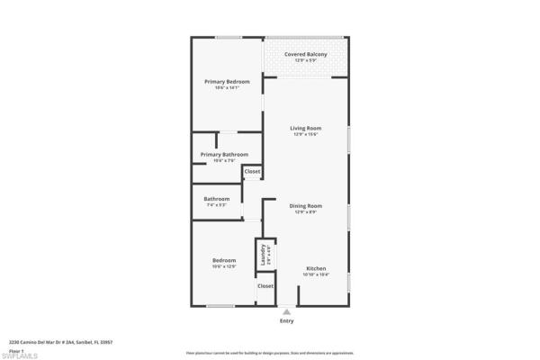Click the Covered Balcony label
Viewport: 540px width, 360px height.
tap(305, 54)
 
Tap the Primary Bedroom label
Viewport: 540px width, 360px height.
tap(227, 81)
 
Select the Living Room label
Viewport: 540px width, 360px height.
tap(305, 128)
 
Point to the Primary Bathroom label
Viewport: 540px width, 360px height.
tap(224, 154)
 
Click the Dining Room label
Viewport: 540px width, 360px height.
tap(305, 205)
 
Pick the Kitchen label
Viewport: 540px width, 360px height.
tap(315, 269)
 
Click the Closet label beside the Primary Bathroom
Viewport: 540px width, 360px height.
tap(253, 171)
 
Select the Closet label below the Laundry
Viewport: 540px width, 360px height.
tap(265, 286)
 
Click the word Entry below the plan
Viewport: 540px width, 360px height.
tap(286, 320)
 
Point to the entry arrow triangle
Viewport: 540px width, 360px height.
tap(286, 311)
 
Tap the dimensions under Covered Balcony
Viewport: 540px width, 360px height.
tap(305, 60)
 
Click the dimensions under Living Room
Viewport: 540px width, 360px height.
tap(305, 134)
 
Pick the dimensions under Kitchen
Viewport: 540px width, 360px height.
tap(315, 275)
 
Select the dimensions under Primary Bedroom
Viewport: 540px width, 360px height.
tap(227, 87)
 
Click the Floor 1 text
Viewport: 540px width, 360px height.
tap(15, 350)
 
